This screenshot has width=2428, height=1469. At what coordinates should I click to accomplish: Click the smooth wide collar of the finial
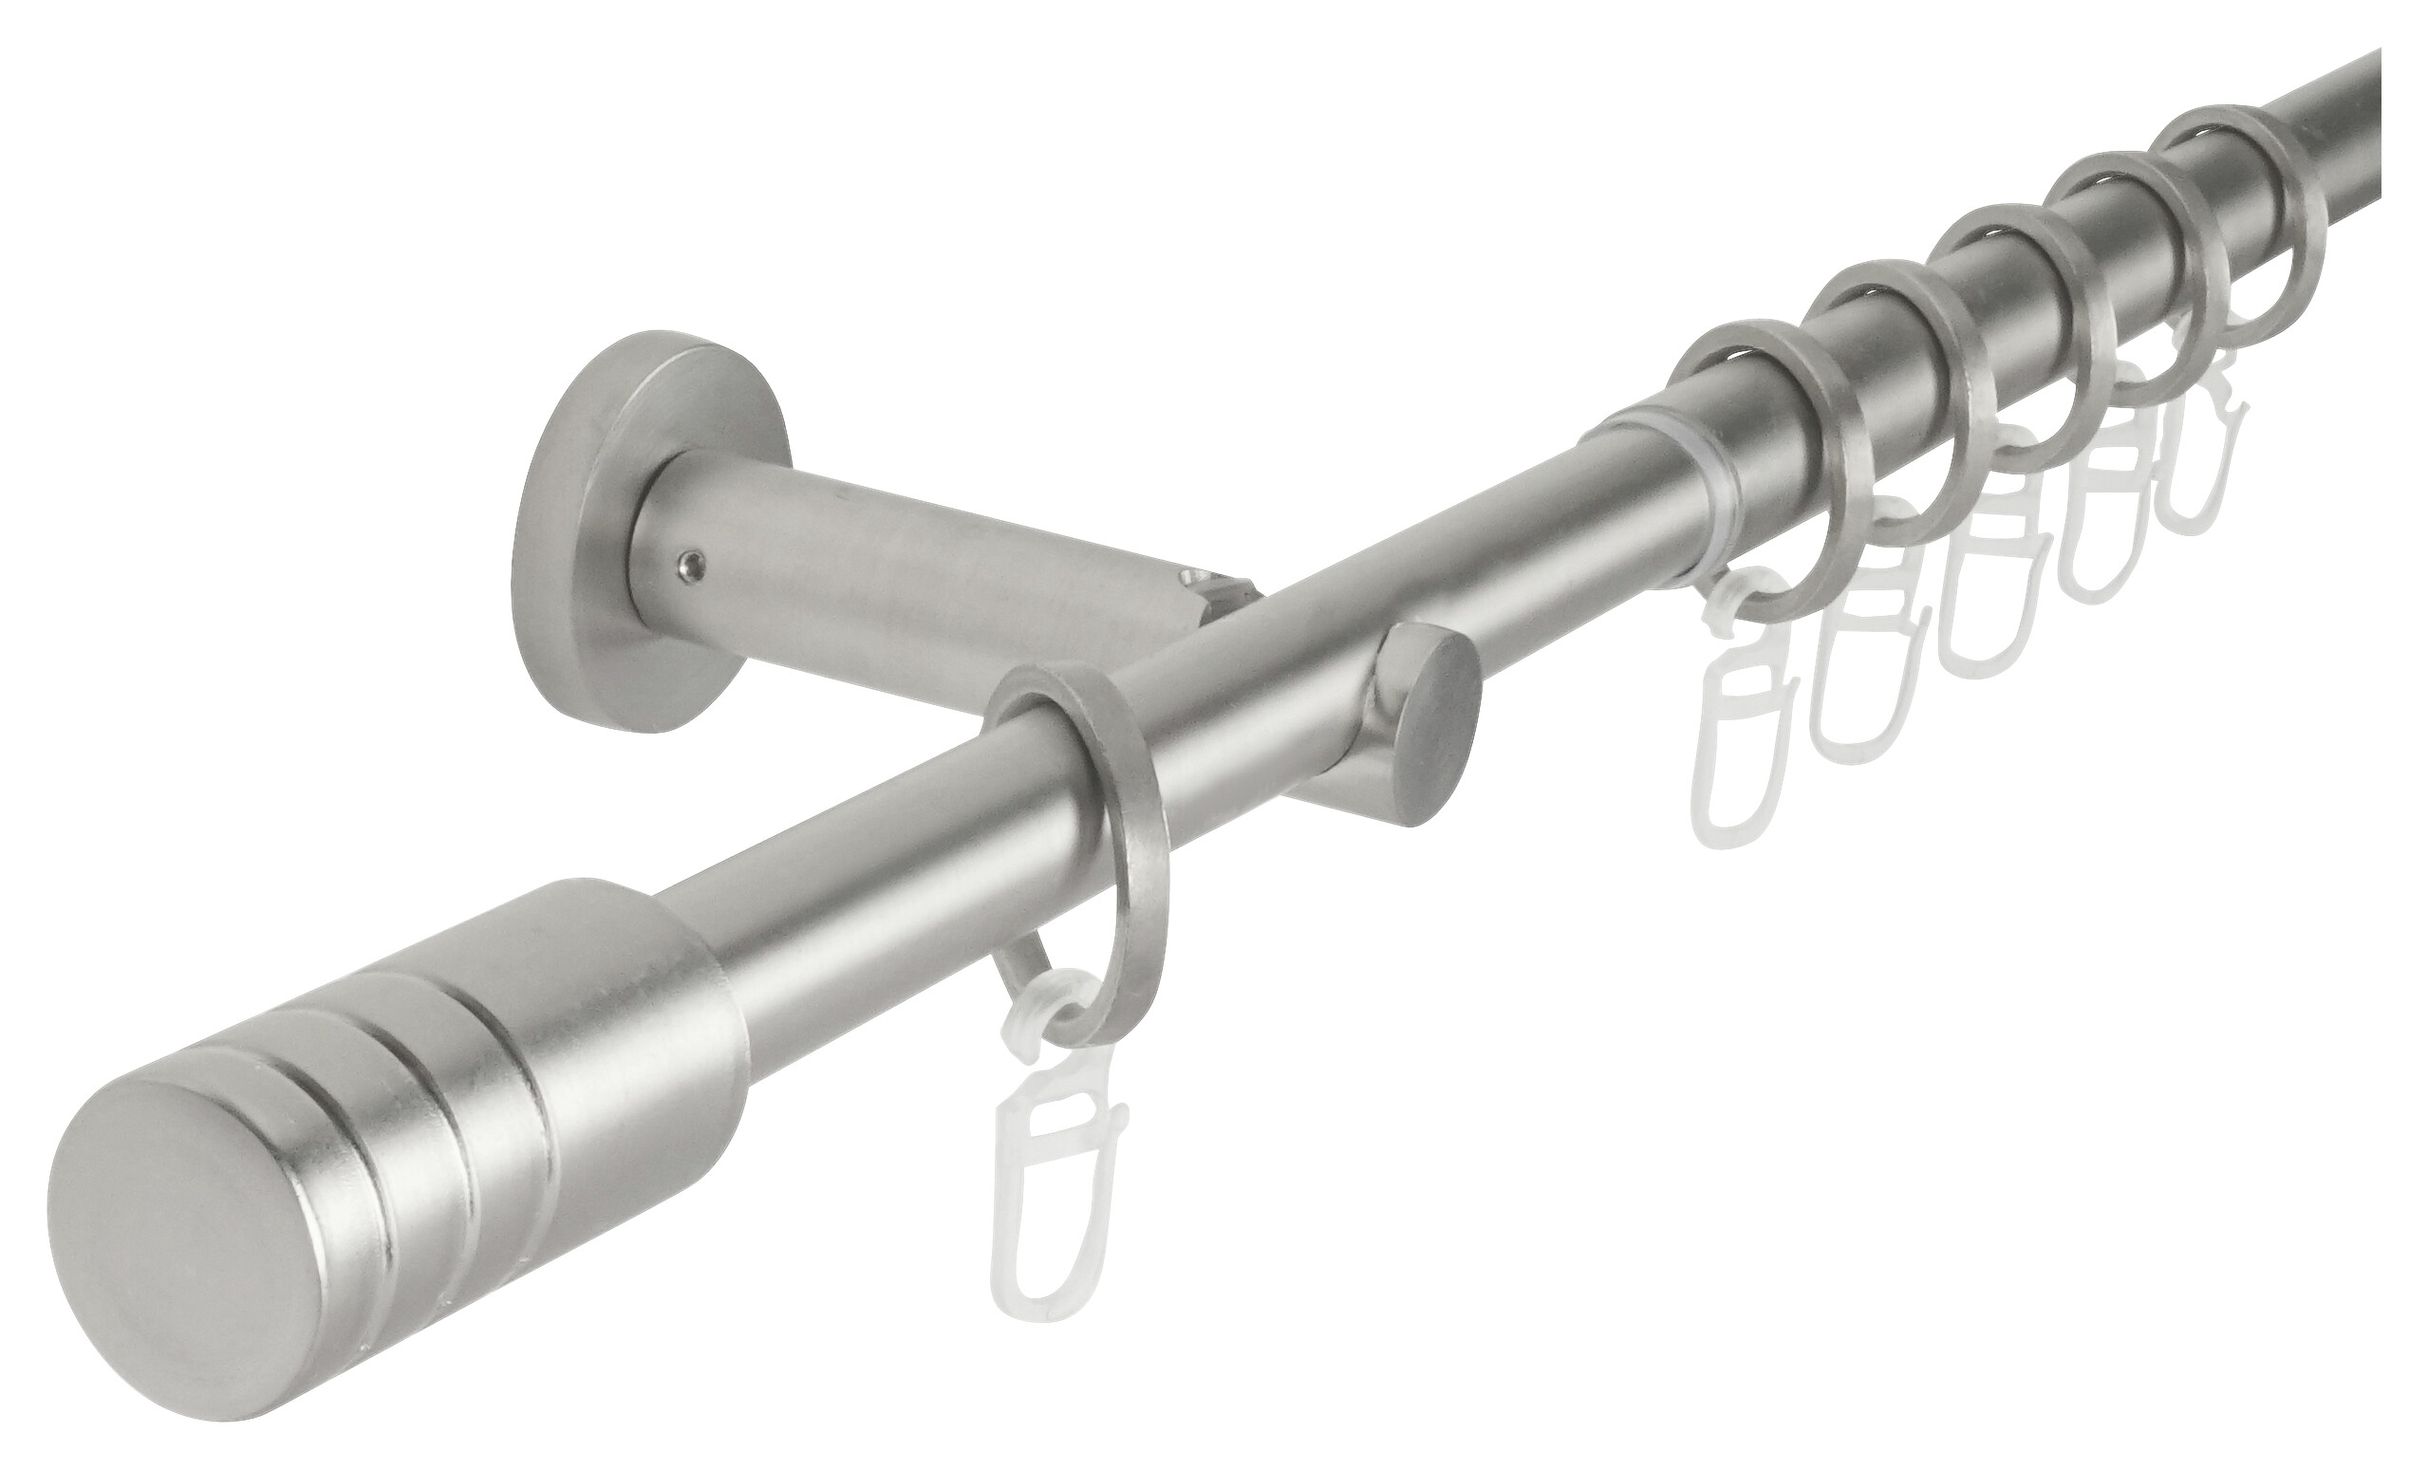[630, 995]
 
